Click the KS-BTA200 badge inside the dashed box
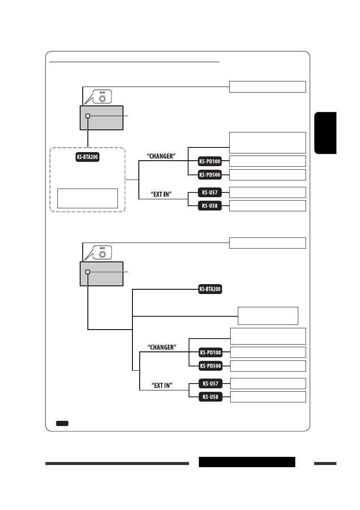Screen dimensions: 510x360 [x=87, y=157]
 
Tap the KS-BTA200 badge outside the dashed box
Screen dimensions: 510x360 [x=210, y=289]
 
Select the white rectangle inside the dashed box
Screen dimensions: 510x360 [x=87, y=198]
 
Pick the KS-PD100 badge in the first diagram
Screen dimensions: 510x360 [x=210, y=161]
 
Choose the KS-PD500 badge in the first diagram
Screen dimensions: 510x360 [x=210, y=175]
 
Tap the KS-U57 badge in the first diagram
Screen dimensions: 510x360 [x=210, y=192]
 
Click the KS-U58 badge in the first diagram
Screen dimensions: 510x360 [x=210, y=206]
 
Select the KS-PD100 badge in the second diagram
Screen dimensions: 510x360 [x=210, y=353]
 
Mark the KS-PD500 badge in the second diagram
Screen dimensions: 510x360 [x=210, y=366]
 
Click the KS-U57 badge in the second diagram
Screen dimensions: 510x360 [x=210, y=383]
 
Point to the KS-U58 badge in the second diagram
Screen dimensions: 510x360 [x=210, y=397]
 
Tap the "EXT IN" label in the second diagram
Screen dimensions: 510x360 [x=163, y=385]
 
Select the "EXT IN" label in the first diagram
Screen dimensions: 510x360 [x=163, y=194]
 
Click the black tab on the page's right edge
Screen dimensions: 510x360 [x=325, y=133]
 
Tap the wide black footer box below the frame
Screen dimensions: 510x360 [x=247, y=462]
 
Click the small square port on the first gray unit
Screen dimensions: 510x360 [x=87, y=116]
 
